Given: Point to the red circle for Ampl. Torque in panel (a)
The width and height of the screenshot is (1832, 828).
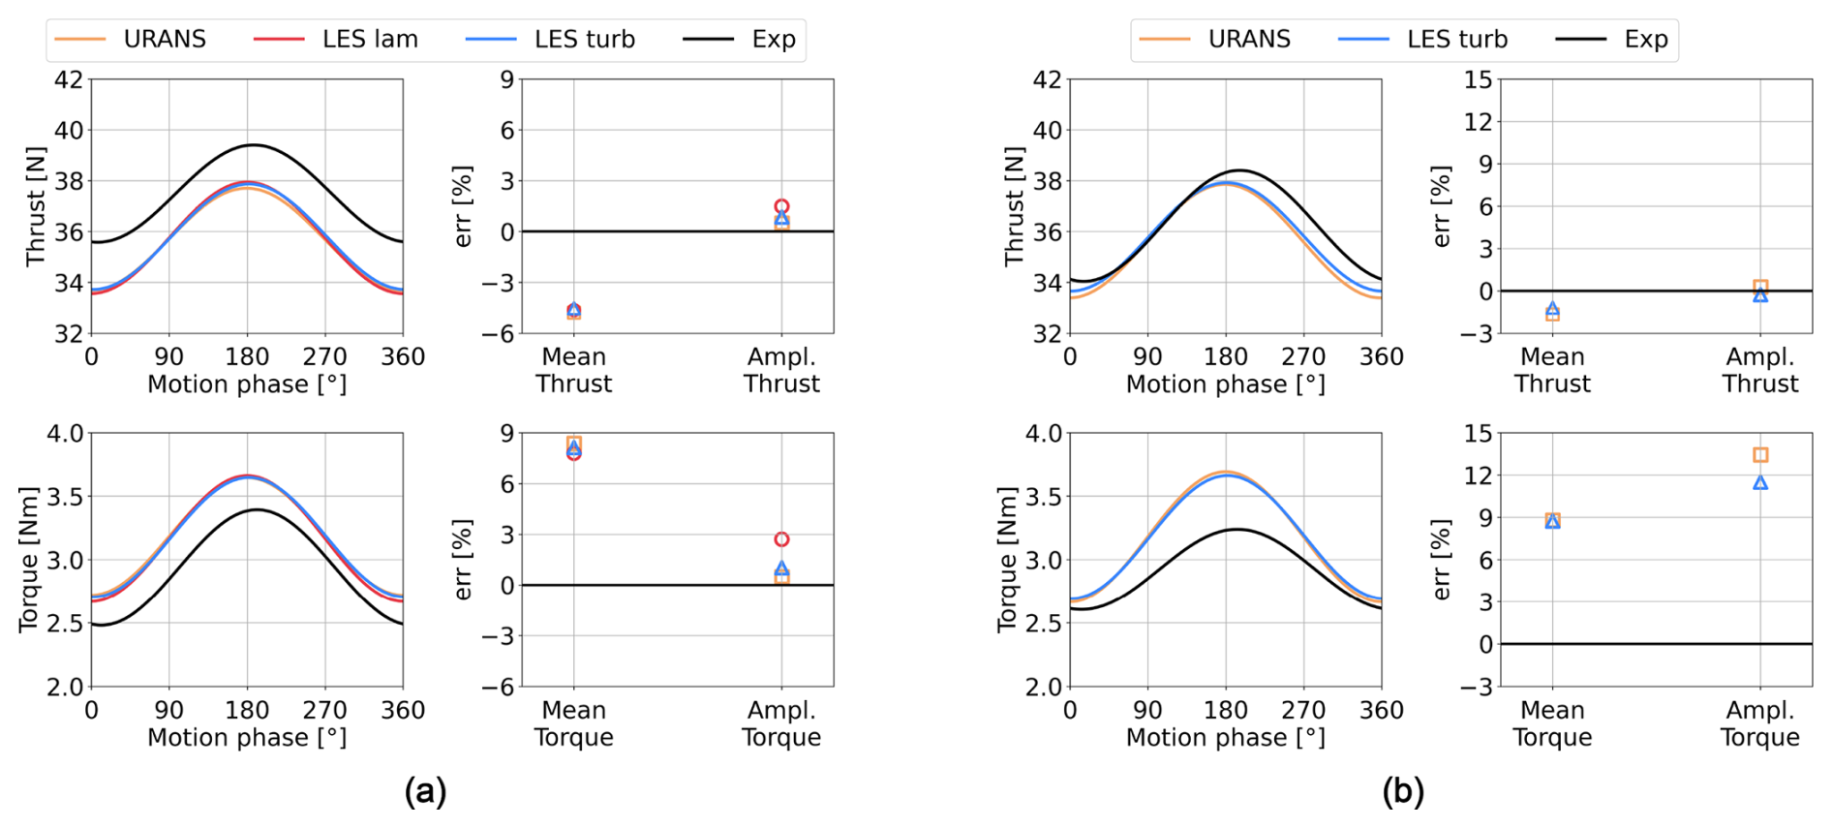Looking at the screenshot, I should [x=781, y=539].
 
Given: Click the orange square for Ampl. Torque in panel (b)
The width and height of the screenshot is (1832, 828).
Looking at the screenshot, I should [x=1760, y=455].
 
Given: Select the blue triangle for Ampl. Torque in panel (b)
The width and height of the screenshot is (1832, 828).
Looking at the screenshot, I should [x=1760, y=482].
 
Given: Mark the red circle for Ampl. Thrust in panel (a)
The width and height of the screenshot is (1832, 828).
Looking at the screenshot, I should [x=781, y=206].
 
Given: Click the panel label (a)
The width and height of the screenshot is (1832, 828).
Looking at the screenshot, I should [x=425, y=791].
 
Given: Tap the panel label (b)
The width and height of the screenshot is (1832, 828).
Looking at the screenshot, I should [x=1403, y=791].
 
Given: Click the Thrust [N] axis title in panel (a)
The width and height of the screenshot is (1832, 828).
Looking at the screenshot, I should [x=36, y=206].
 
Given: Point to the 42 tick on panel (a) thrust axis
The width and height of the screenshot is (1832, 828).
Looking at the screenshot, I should [x=68, y=79].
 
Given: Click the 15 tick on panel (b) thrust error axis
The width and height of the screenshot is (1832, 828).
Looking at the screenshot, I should [x=1478, y=79].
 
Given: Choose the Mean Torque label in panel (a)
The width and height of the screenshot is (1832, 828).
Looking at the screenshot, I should [x=573, y=723].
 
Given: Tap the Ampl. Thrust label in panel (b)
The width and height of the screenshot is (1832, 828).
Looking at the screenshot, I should [x=1759, y=370].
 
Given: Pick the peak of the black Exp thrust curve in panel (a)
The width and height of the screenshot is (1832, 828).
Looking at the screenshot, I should [x=253, y=145].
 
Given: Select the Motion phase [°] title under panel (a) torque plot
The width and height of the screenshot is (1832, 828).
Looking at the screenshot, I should [x=247, y=738].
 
